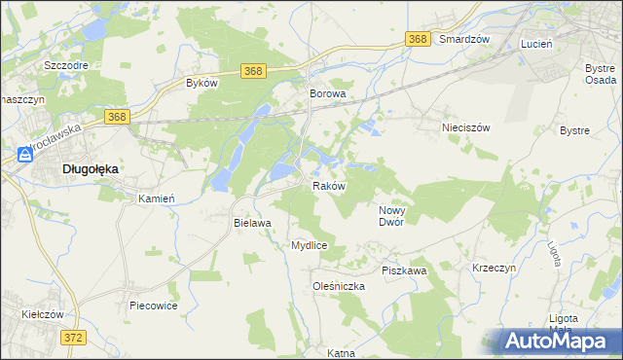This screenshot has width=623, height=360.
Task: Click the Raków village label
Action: point(328,186)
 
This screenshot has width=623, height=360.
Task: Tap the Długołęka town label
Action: point(91,168)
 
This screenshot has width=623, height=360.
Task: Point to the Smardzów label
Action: point(463,40)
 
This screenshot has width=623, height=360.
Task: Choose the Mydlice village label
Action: point(309,245)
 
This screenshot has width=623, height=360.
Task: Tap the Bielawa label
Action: point(251,223)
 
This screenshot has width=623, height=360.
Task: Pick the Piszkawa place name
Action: point(404,270)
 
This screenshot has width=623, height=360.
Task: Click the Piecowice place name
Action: point(152,305)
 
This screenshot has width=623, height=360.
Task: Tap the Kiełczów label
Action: point(42,314)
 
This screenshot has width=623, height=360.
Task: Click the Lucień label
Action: point(536,45)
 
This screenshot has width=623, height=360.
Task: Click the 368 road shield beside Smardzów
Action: point(418,39)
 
